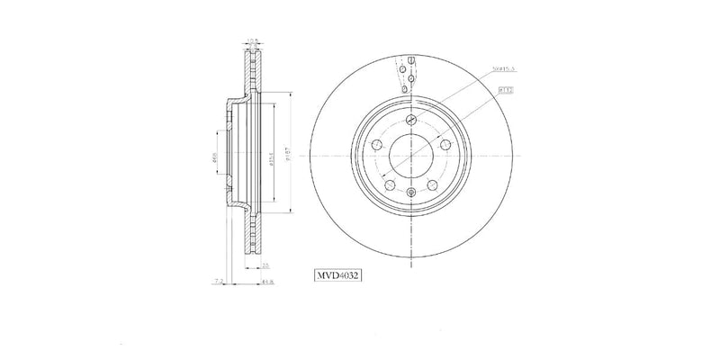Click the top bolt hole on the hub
tap(410, 121)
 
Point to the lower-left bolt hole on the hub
tap(390, 185)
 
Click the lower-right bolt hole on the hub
tap(431, 185)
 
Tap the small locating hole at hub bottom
tap(410, 191)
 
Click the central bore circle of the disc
tap(410, 157)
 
